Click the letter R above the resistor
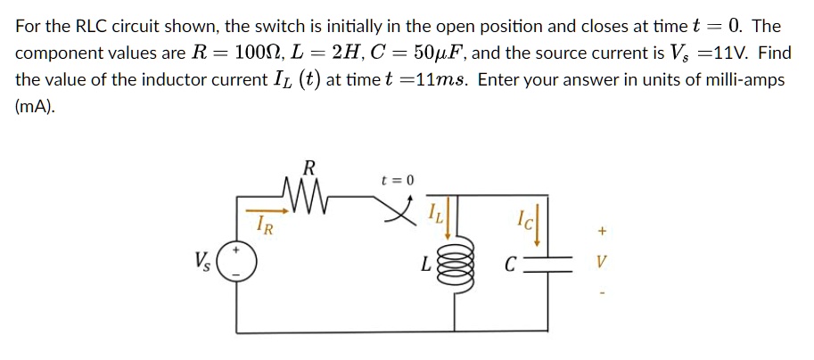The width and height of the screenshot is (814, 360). click(x=309, y=167)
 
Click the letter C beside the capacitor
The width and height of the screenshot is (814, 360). click(x=509, y=264)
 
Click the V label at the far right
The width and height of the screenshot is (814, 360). click(x=602, y=264)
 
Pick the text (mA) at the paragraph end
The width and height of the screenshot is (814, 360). click(x=35, y=106)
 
